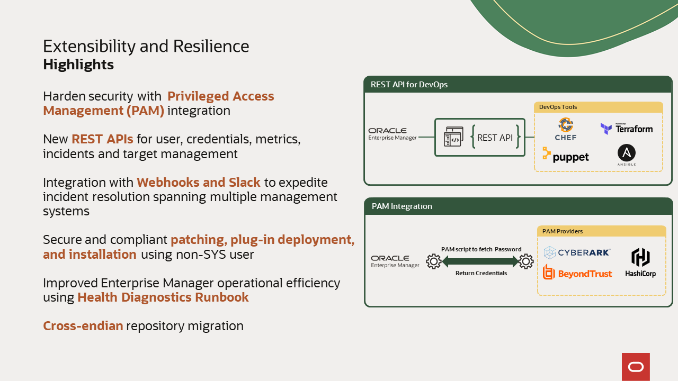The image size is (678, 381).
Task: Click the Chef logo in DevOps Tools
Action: coord(566,129)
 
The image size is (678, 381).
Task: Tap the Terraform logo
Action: coord(626,129)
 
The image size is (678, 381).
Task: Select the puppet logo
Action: coord(566,156)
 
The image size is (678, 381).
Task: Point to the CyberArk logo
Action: coord(577,252)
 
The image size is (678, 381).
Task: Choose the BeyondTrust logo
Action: coord(577,273)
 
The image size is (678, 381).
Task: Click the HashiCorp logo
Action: coord(640,262)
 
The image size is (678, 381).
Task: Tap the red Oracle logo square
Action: coord(636,367)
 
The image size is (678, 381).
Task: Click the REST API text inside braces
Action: coord(495,138)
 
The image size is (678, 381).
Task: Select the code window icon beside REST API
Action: coord(453,137)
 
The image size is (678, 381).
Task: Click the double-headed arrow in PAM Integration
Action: coord(480,261)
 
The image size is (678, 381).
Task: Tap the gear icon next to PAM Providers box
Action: coord(526,261)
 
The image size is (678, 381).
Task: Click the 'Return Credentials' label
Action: coord(481,273)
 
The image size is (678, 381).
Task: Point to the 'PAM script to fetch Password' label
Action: coord(481,249)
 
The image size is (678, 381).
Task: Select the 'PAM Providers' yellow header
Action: coord(601,231)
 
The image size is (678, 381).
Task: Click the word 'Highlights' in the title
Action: coord(78,65)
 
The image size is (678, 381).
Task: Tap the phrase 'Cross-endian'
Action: coord(83,326)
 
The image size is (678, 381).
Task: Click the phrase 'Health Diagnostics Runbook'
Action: coord(163,297)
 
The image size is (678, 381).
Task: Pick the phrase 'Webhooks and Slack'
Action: coord(199,183)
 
